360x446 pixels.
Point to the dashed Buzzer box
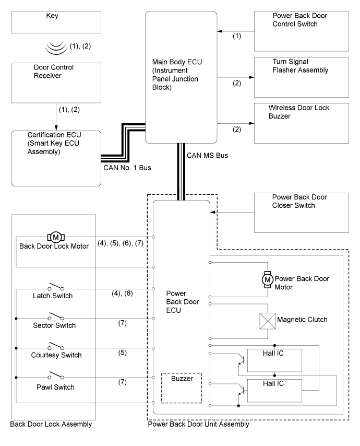coord(181,387)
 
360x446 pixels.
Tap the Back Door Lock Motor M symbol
coord(56,237)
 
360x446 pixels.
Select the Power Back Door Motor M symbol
coord(267,280)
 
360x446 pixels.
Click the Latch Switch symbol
coord(56,286)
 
